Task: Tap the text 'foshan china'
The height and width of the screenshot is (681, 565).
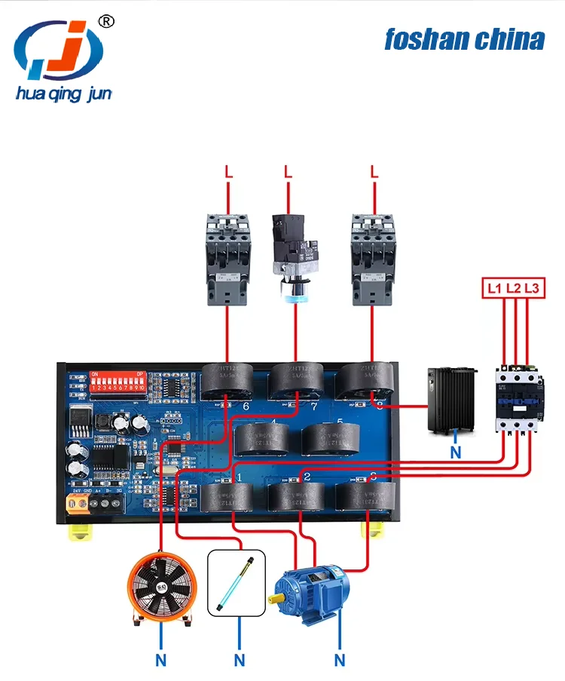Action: click(x=464, y=39)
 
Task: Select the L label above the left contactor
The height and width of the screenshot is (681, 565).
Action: click(x=228, y=172)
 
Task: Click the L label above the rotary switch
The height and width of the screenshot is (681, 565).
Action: click(x=288, y=172)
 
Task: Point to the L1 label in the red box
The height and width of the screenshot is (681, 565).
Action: click(x=494, y=287)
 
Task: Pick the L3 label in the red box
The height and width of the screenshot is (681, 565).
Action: click(x=532, y=287)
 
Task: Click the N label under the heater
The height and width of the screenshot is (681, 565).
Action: click(x=454, y=452)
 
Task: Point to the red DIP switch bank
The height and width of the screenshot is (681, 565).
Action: click(x=117, y=386)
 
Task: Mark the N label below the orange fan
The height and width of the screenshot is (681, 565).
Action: click(x=160, y=661)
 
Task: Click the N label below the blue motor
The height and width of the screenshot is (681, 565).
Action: click(x=340, y=661)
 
